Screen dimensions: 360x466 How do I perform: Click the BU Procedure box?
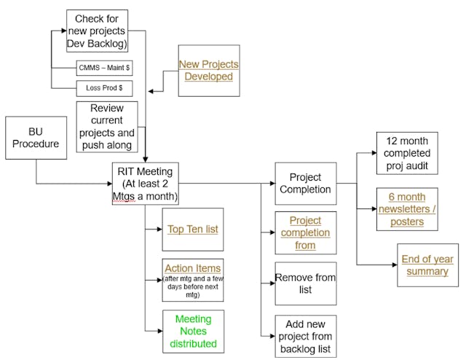pos(36,139)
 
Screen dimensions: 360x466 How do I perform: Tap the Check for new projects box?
pos(97,31)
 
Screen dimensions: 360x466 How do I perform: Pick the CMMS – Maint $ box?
pos(104,69)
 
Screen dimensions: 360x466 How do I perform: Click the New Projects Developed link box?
pos(208,71)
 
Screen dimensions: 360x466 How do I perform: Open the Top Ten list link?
pos(192,229)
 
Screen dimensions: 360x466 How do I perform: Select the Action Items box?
pos(192,279)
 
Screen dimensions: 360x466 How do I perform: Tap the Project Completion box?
pos(305,183)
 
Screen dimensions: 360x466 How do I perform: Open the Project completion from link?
pos(305,232)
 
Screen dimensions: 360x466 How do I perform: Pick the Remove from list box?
pos(305,283)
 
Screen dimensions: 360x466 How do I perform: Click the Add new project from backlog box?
pos(305,336)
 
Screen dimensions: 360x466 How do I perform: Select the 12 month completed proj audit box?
pos(406,153)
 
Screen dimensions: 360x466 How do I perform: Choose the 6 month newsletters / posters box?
pos(406,209)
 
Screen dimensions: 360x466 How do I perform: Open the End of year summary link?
pos(427,265)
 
